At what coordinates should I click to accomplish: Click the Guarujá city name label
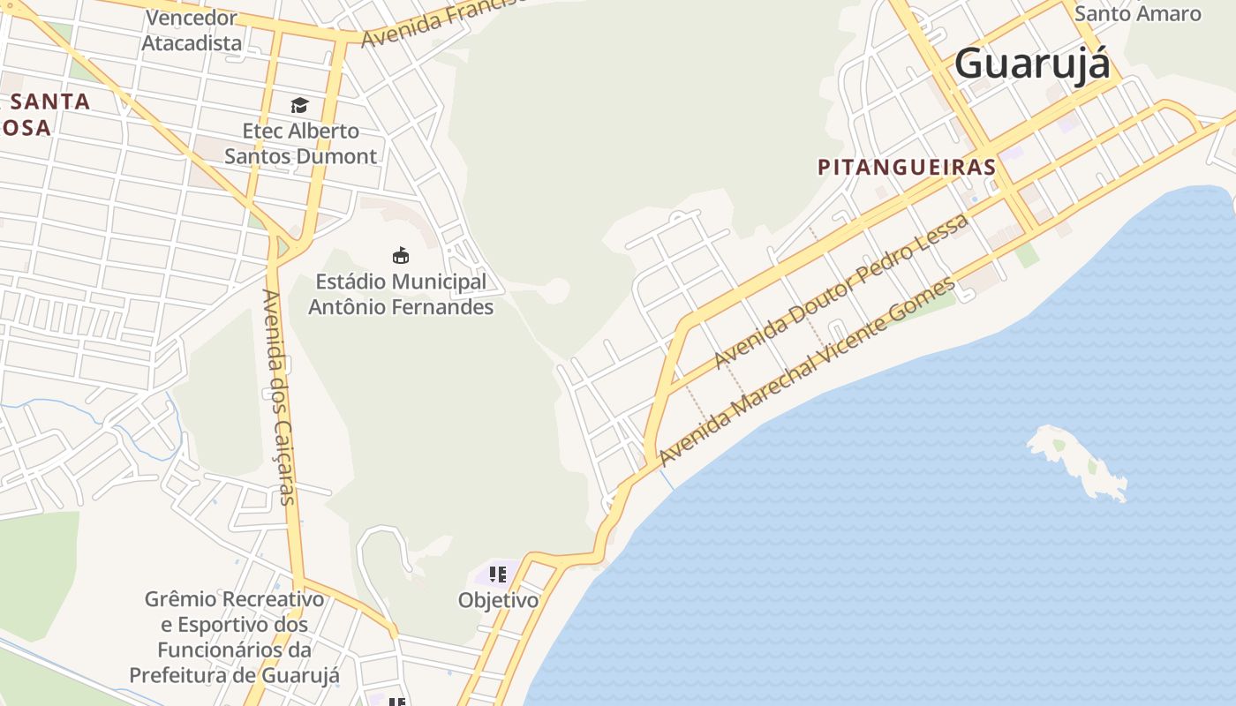pyautogui.click(x=1031, y=65)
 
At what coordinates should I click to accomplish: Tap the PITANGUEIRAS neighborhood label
pyautogui.click(x=907, y=167)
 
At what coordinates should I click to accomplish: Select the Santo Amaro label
pyautogui.click(x=1137, y=13)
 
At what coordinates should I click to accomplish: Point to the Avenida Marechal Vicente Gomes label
pyautogui.click(x=807, y=372)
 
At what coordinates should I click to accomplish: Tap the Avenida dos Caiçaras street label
pyautogui.click(x=277, y=396)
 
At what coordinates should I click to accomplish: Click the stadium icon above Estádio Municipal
pyautogui.click(x=401, y=255)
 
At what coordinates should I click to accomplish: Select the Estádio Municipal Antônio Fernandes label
pyautogui.click(x=401, y=295)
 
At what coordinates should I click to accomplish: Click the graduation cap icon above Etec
pyautogui.click(x=300, y=106)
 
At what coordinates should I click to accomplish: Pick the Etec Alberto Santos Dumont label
pyautogui.click(x=300, y=144)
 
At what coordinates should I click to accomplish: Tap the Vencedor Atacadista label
pyautogui.click(x=192, y=30)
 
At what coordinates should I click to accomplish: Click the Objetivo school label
pyautogui.click(x=498, y=600)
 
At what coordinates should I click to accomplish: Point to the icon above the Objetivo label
pyautogui.click(x=498, y=575)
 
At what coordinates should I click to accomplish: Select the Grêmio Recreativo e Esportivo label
pyautogui.click(x=234, y=637)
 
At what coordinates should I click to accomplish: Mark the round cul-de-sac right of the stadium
pyautogui.click(x=557, y=289)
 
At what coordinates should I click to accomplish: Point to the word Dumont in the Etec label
pyautogui.click(x=341, y=156)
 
